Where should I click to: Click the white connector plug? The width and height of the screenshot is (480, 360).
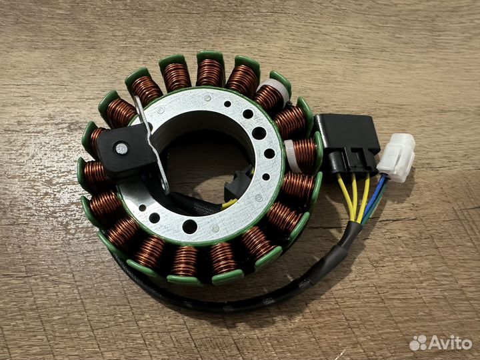[x=396, y=157]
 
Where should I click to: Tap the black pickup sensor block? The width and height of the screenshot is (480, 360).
[x=125, y=151]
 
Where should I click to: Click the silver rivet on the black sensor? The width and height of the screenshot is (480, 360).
[x=121, y=149]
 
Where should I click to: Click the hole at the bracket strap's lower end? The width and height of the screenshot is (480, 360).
[x=165, y=186]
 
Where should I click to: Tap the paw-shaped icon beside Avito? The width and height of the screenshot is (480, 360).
[x=418, y=343]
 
